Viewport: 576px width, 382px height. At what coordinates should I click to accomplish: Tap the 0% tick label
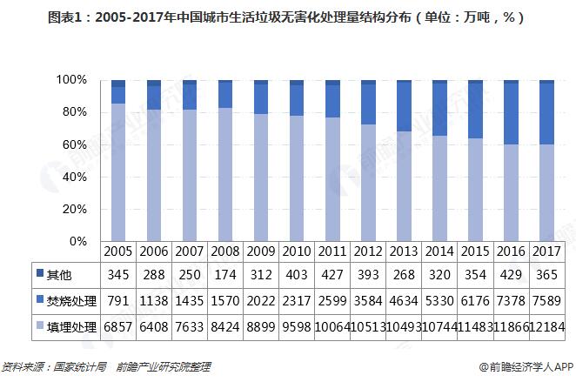point(77,241)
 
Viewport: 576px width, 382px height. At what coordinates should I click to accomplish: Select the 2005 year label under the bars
point(118,251)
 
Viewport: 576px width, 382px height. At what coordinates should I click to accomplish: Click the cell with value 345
point(118,275)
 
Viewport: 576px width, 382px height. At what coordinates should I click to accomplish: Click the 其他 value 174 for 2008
point(225,275)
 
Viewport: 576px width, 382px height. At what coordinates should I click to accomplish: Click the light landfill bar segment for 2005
point(118,174)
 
